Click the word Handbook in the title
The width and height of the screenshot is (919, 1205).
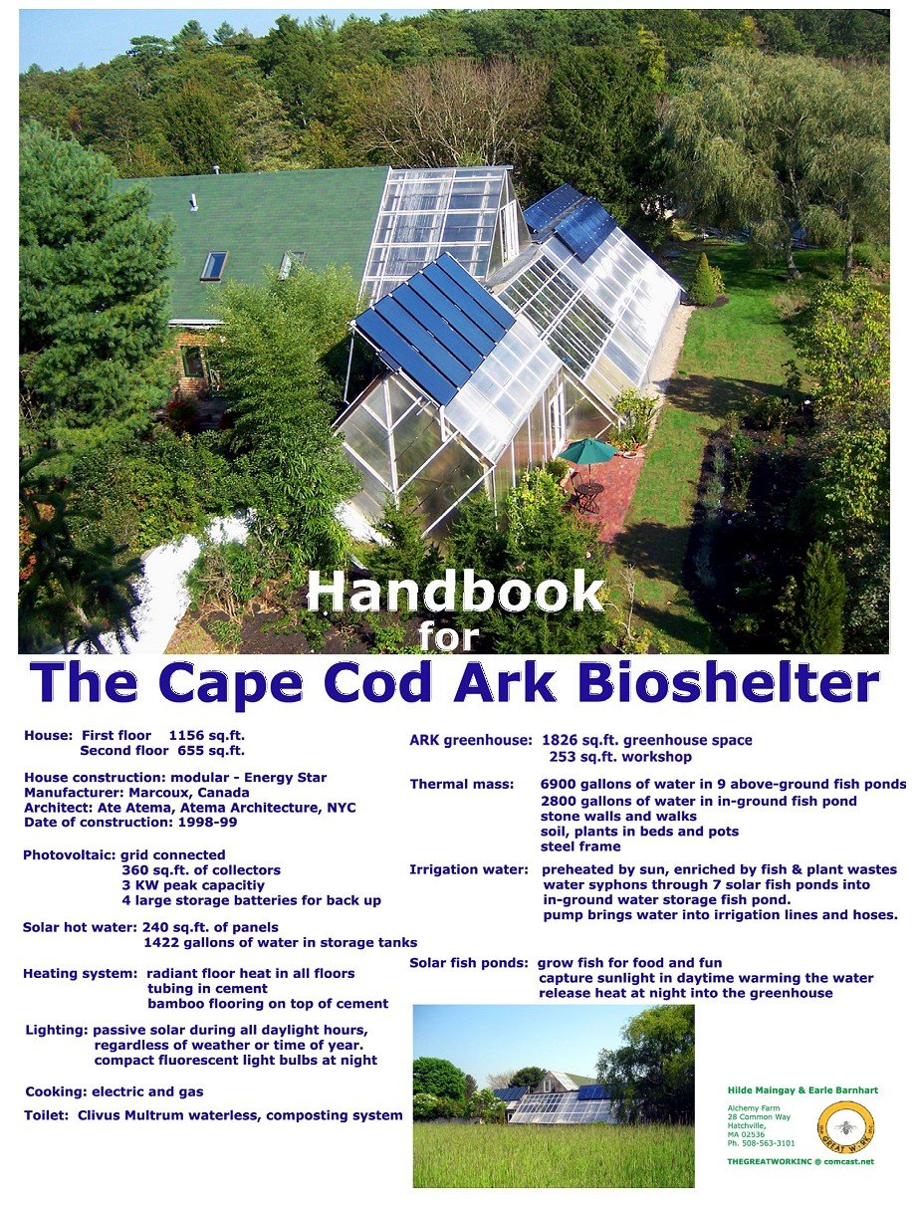456,593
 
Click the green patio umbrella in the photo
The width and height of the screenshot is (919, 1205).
586,451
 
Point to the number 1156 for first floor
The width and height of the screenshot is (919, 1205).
188,736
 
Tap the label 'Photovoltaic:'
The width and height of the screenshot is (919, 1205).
70,854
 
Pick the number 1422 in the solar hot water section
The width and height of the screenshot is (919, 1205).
163,942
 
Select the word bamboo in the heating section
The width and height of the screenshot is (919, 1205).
174,1004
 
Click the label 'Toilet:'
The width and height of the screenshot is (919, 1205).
46,1115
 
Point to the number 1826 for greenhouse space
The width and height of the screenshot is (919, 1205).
561,740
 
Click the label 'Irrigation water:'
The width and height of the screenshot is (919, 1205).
468,869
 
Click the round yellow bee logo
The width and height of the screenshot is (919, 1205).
845,1128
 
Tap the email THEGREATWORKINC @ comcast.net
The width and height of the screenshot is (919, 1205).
801,1162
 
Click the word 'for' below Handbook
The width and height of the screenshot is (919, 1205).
448,636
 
